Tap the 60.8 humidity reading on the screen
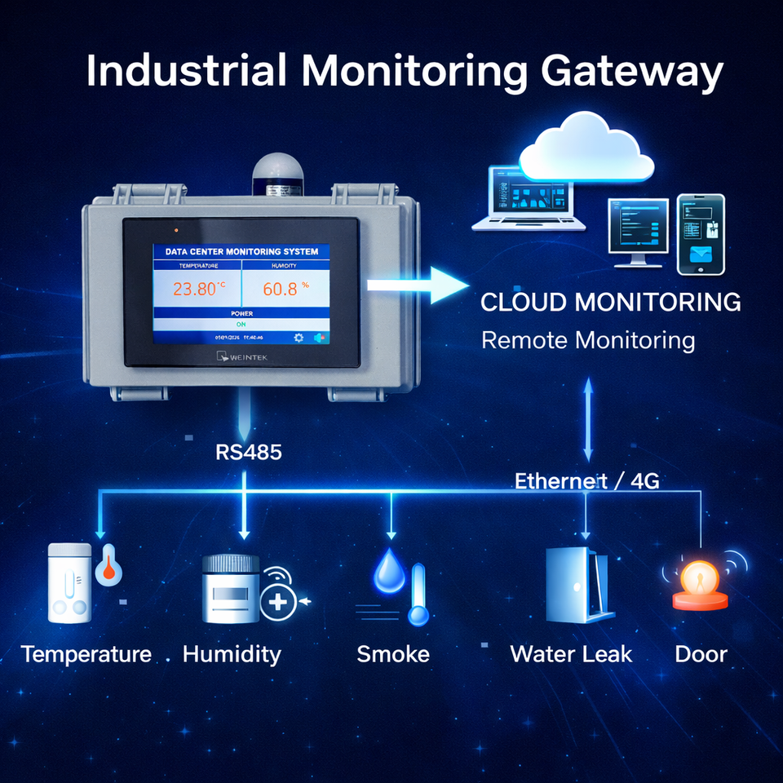[282, 289]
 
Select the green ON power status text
[241, 323]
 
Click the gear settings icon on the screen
[299, 338]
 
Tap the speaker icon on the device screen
[319, 338]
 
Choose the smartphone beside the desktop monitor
[701, 233]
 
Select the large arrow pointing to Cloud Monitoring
[417, 285]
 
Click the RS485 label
[249, 452]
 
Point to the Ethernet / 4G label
[587, 481]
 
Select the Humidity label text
[232, 653]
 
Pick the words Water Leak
[571, 653]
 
